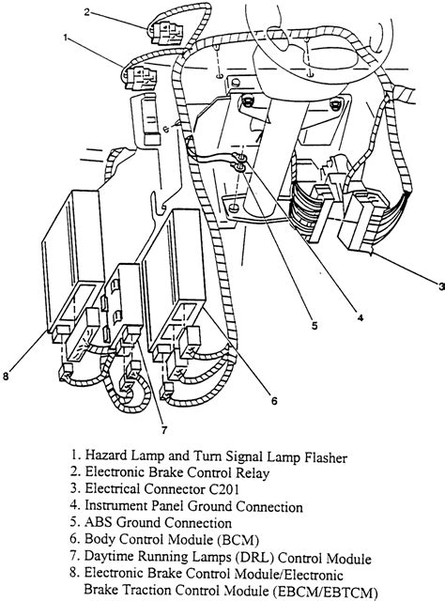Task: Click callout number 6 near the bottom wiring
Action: [x=273, y=400]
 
